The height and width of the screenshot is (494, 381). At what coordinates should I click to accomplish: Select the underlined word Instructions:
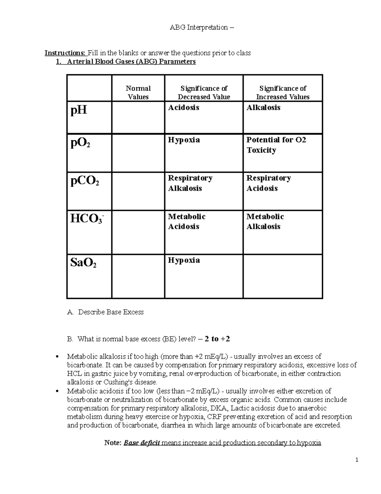[65, 53]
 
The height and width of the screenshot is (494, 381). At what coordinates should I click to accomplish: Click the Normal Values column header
[138, 93]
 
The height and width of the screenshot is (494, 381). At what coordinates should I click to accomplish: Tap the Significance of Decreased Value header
[204, 93]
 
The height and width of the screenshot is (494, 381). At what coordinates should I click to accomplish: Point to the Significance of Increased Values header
[283, 93]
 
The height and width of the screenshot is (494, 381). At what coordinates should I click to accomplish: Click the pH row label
[79, 110]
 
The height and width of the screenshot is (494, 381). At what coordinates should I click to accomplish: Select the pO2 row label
[80, 143]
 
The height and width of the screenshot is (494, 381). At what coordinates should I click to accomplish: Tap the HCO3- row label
[87, 219]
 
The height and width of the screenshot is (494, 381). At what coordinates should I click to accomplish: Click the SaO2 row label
[83, 263]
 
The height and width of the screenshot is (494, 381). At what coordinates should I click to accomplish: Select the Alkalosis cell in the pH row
[264, 108]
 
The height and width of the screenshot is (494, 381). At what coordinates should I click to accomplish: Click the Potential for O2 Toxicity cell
[276, 145]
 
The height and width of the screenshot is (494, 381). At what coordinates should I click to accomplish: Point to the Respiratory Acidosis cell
[268, 183]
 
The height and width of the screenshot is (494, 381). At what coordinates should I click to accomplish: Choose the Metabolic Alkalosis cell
[265, 221]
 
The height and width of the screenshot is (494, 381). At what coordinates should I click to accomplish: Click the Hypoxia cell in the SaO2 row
[184, 260]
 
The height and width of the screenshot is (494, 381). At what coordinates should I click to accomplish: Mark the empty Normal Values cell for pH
[138, 117]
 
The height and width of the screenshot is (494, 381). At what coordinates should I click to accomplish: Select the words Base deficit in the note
[142, 443]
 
